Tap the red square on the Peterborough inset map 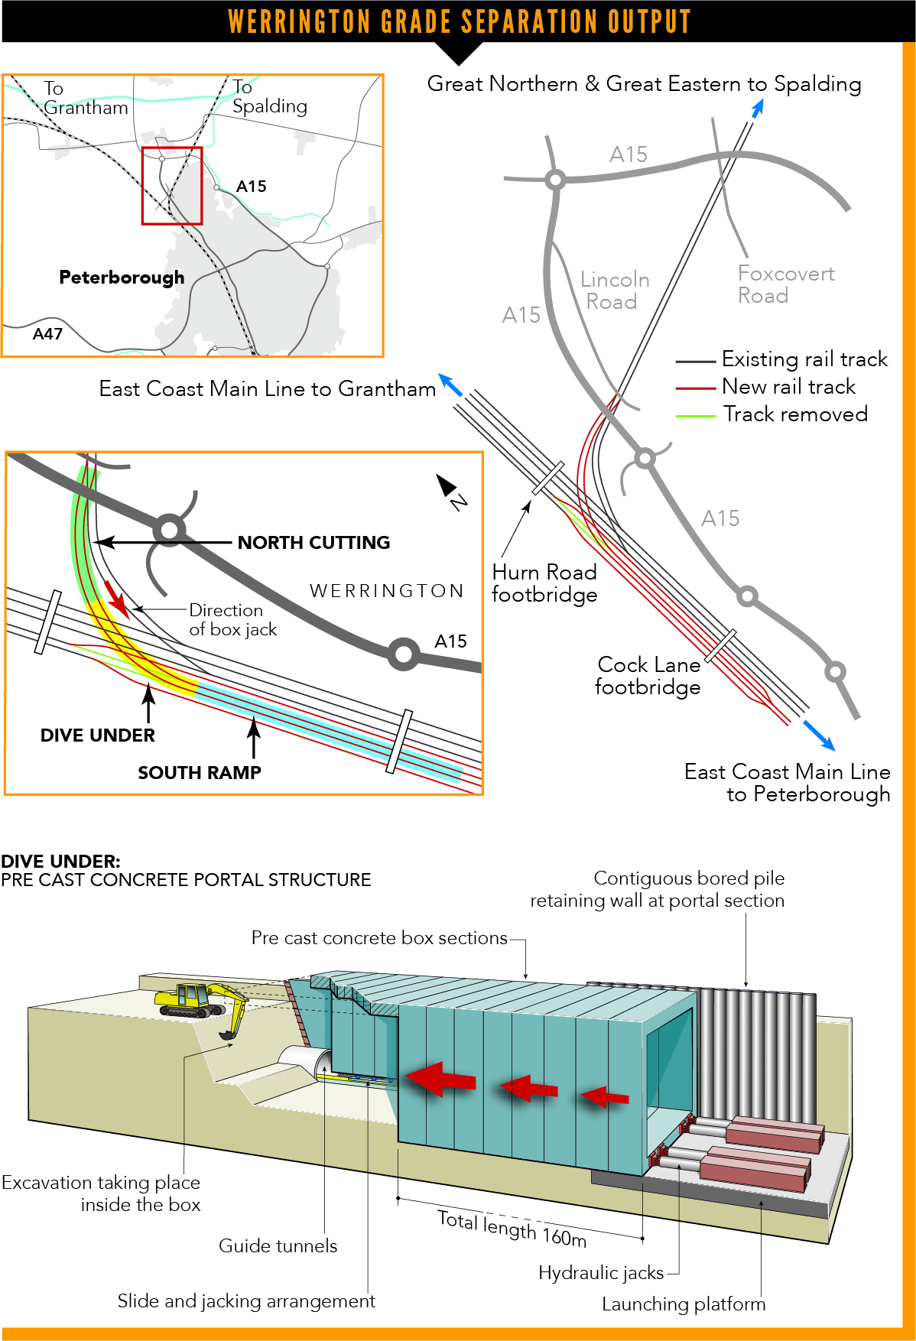pyautogui.click(x=172, y=186)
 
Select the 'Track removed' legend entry pyautogui.click(x=794, y=414)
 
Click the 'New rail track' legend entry pyautogui.click(x=788, y=387)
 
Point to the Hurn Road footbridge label pyautogui.click(x=544, y=583)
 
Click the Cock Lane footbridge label pyautogui.click(x=648, y=676)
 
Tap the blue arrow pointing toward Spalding pyautogui.click(x=757, y=109)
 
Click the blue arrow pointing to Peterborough pyautogui.click(x=820, y=735)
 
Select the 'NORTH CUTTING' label pyautogui.click(x=313, y=543)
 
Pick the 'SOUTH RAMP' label pyautogui.click(x=200, y=773)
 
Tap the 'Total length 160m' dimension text pyautogui.click(x=512, y=1229)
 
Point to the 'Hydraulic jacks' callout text pyautogui.click(x=601, y=1273)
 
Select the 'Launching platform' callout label pyautogui.click(x=683, y=1304)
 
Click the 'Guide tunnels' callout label pyautogui.click(x=278, y=1246)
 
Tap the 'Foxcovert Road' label pyautogui.click(x=785, y=284)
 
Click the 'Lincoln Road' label pyautogui.click(x=614, y=291)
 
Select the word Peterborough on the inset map pyautogui.click(x=122, y=278)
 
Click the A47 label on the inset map pyautogui.click(x=47, y=334)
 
